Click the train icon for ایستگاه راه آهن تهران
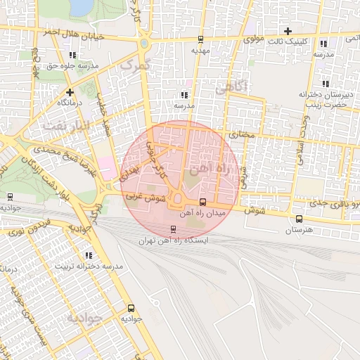[x=174, y=229]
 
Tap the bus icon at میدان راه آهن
[x=203, y=202]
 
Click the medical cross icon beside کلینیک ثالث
[x=288, y=30]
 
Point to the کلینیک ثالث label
[x=288, y=41]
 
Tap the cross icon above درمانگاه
[x=69, y=92]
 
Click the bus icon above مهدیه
[x=201, y=39]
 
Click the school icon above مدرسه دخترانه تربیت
[x=88, y=255]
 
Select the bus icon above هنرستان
[x=300, y=219]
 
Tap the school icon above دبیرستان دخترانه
[x=324, y=83]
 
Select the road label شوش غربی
[x=146, y=199]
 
